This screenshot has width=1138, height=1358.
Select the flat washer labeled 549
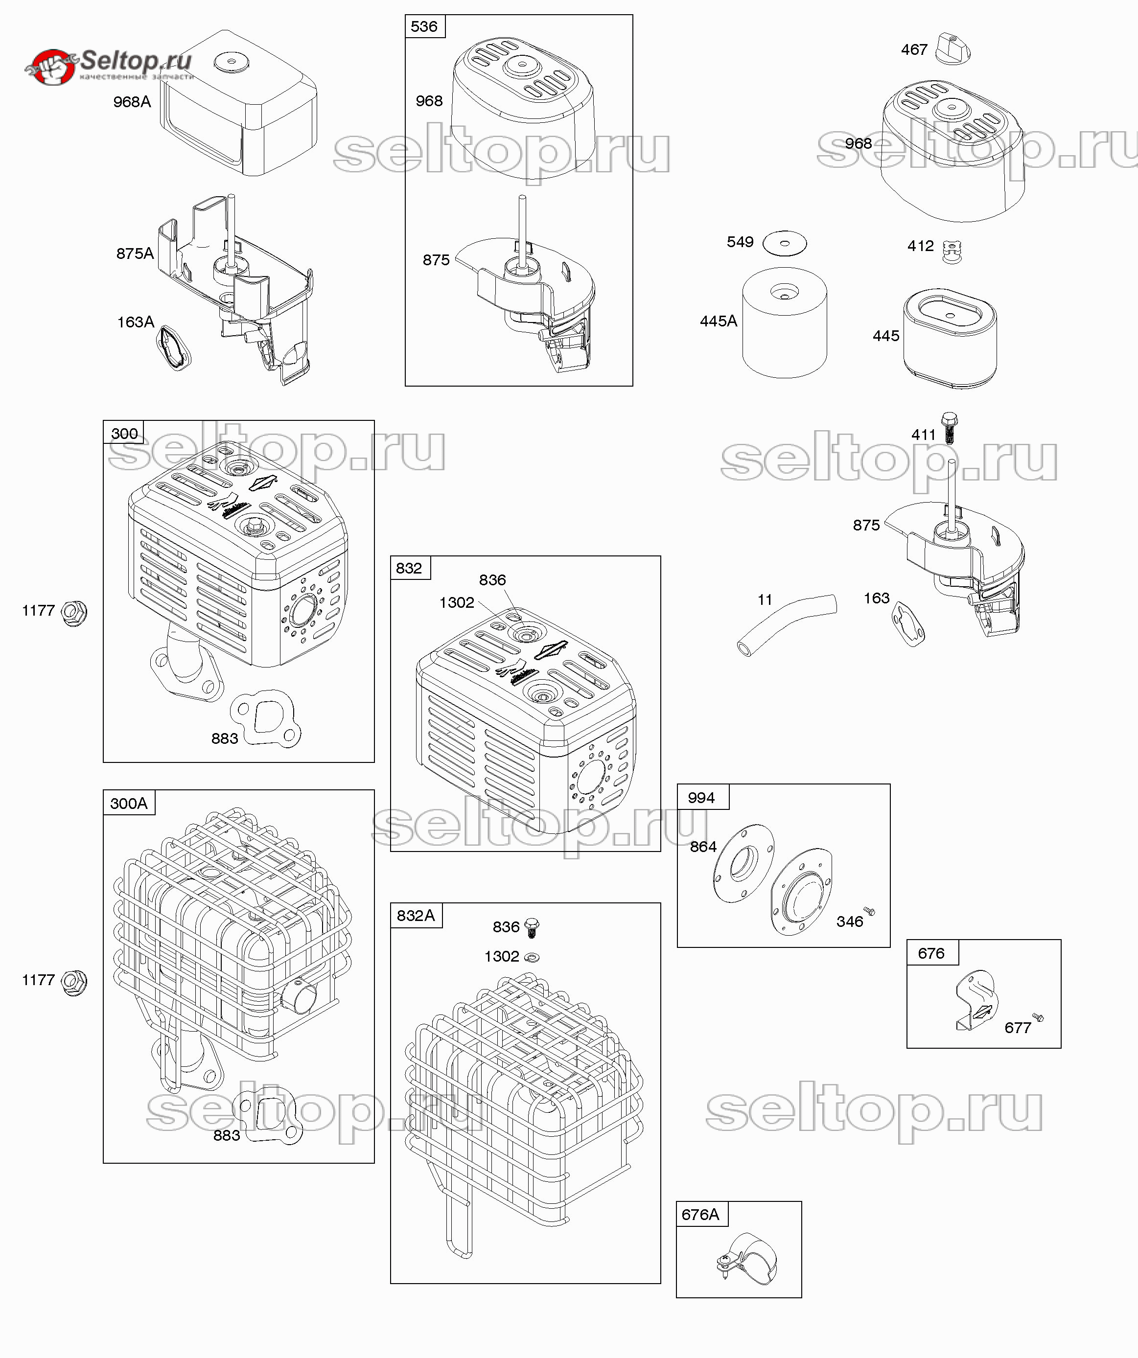click(785, 244)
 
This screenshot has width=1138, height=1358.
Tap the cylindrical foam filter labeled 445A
click(784, 323)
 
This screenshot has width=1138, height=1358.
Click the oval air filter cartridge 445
click(950, 338)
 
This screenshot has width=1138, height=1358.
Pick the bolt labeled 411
click(949, 427)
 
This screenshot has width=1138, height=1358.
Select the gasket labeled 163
click(907, 623)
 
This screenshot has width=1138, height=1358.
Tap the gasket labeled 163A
click(173, 348)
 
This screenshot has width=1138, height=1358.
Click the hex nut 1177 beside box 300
click(74, 612)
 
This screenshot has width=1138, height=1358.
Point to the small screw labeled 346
click(869, 912)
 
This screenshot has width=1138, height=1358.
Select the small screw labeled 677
click(1038, 1017)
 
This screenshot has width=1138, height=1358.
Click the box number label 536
click(424, 26)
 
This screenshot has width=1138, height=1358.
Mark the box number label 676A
click(700, 1215)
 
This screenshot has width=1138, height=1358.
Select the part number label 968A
click(132, 101)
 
